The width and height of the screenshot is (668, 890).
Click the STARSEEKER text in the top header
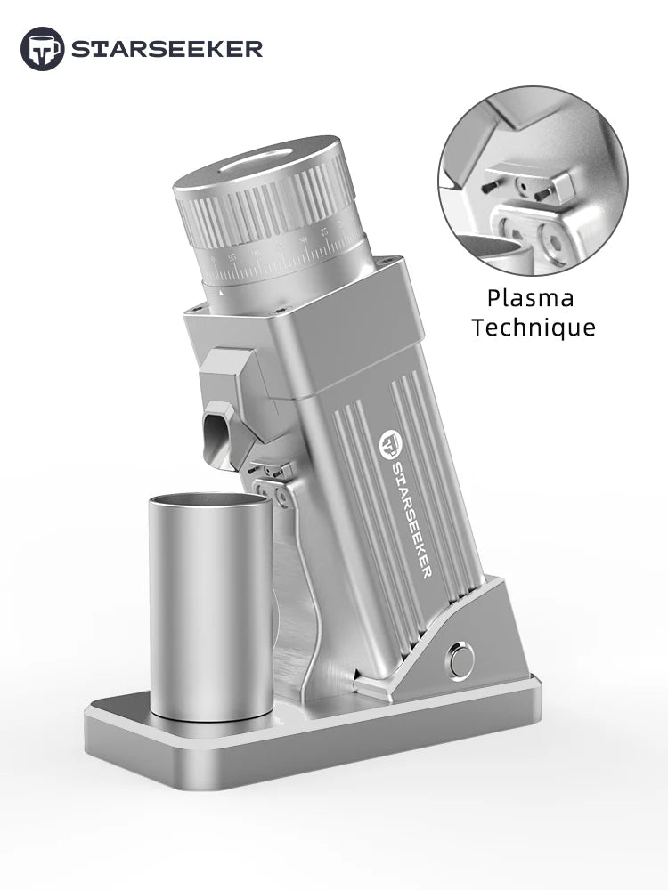pos(167,48)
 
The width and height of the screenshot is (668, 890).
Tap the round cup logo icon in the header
pos(42,48)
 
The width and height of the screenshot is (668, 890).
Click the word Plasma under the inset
pos(530,298)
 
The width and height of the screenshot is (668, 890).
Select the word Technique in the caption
pos(534,328)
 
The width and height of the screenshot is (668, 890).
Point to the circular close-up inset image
pos(532,182)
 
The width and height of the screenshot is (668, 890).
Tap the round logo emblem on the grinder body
pos(390,442)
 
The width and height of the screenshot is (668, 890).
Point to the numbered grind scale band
pos(285,258)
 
